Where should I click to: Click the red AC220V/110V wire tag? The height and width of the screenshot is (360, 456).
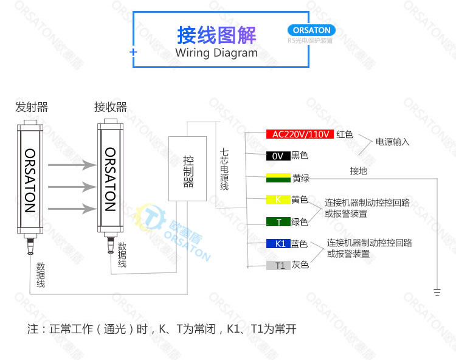[x=300, y=134]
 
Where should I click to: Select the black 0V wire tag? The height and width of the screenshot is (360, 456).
[x=278, y=156]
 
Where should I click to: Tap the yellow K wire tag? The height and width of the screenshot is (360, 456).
[x=278, y=199]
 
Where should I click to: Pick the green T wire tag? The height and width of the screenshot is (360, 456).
[x=278, y=222]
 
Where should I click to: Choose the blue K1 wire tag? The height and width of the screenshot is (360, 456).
[x=278, y=244]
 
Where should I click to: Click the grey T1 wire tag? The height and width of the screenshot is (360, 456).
[x=278, y=265]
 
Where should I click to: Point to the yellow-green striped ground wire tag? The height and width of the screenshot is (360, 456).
[x=278, y=178]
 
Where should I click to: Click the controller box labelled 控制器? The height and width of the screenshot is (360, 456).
[x=188, y=168]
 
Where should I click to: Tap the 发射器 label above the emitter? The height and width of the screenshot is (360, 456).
[x=32, y=108]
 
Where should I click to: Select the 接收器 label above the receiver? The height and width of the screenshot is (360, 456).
[x=111, y=108]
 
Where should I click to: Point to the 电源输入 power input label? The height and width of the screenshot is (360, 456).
[x=393, y=142]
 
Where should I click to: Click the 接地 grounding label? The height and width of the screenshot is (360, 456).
[x=359, y=171]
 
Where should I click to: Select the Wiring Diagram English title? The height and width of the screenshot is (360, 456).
[x=216, y=53]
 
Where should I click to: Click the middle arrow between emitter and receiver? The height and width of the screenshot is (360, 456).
[x=72, y=187]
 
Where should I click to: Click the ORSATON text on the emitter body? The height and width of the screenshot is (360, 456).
[x=30, y=180]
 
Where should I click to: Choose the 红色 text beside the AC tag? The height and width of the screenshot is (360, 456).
[x=345, y=134]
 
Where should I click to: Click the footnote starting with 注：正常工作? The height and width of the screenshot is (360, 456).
[x=162, y=330]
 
